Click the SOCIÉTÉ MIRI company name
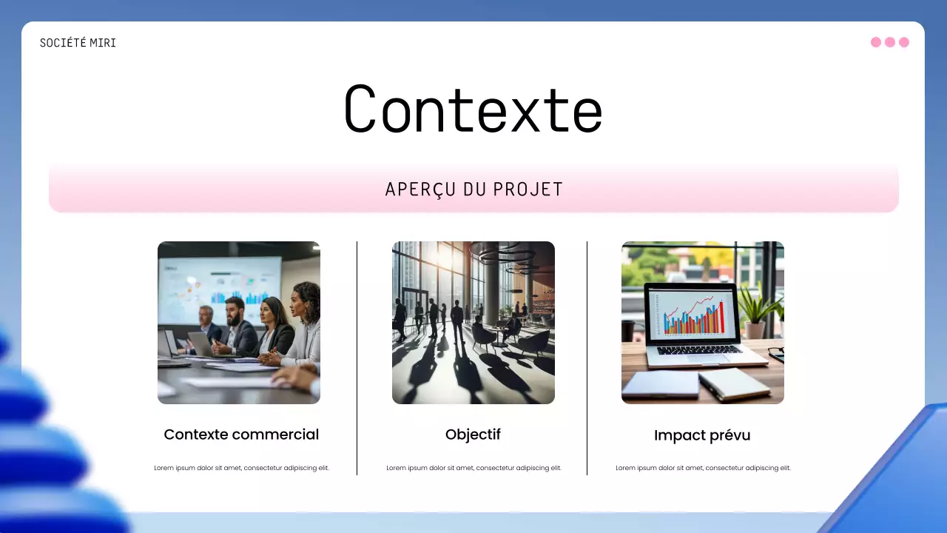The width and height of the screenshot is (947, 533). pyautogui.click(x=78, y=43)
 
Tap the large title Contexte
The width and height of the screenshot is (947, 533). pyautogui.click(x=473, y=110)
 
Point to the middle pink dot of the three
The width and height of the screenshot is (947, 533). pyautogui.click(x=890, y=42)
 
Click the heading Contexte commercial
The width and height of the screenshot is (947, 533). pyautogui.click(x=241, y=435)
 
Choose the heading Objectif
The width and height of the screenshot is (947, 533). pyautogui.click(x=473, y=435)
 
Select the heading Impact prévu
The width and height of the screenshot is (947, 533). pyautogui.click(x=702, y=435)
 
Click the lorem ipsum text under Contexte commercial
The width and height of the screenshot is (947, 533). pyautogui.click(x=241, y=468)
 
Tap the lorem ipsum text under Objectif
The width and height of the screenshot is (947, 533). pyautogui.click(x=473, y=468)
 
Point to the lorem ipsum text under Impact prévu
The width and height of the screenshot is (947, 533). pyautogui.click(x=703, y=468)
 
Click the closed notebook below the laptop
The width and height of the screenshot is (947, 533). pyautogui.click(x=660, y=384)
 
